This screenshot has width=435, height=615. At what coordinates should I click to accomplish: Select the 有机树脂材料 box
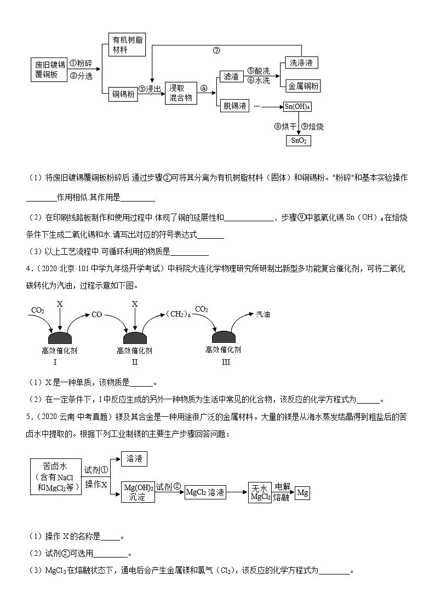pos(127,44)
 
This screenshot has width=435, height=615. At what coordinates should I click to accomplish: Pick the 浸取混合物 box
pos(180,93)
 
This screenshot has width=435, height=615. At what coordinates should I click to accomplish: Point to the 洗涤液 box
pos(301,62)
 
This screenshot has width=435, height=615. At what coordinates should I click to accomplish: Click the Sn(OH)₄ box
pos(297,106)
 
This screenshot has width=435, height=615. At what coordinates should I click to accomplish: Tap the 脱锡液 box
pos(234,105)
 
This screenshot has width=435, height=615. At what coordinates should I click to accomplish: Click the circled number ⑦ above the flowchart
pos(216,50)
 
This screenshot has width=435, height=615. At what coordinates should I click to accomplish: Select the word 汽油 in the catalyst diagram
pos(263,314)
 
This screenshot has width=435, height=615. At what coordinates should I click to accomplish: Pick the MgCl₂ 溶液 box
pos(205,492)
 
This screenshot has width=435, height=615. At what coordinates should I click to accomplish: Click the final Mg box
pos(302,492)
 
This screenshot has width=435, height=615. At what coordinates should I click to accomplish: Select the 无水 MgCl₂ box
pos(260,492)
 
